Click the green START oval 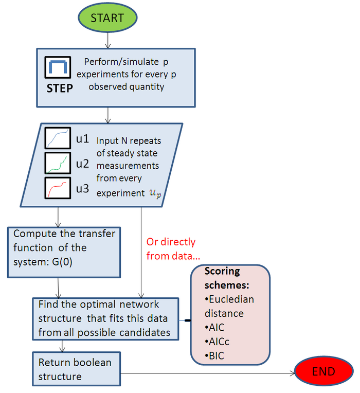pos(107,17)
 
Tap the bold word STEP pos(60,87)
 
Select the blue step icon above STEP pos(59,67)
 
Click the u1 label pos(82,139)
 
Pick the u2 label pos(82,164)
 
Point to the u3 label pos(82,189)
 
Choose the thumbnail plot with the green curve pos(58,164)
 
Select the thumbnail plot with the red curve pos(58,188)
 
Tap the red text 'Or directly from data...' pos(171,248)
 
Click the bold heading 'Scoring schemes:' pos(223,278)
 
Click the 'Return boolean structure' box pos(76,369)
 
